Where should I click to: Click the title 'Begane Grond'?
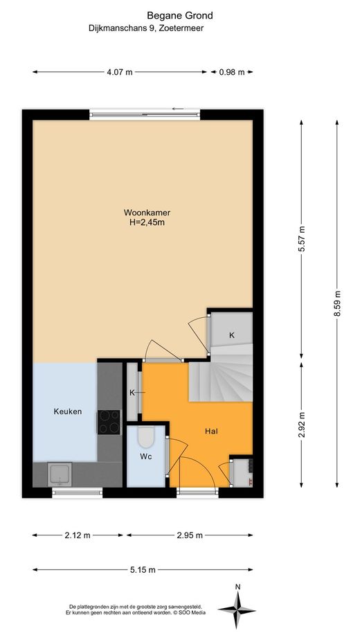tap(179, 16)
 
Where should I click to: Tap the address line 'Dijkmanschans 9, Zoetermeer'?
tap(145, 28)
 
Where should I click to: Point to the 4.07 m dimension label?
tap(120, 72)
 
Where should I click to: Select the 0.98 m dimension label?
tap(231, 72)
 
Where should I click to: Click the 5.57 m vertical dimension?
tap(303, 240)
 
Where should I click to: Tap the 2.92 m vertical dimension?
tap(303, 425)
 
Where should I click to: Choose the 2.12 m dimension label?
tap(78, 535)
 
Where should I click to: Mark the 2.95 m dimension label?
tap(190, 535)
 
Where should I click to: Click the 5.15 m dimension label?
tap(143, 570)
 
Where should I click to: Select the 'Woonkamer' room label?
tap(147, 213)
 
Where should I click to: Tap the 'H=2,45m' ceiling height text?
tap(147, 222)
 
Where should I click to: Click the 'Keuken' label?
tap(68, 411)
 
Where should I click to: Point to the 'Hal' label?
tap(211, 431)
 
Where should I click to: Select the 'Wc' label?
tap(145, 456)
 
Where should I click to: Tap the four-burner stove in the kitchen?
tap(109, 422)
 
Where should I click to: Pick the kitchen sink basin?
tap(60, 474)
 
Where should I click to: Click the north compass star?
tap(237, 610)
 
